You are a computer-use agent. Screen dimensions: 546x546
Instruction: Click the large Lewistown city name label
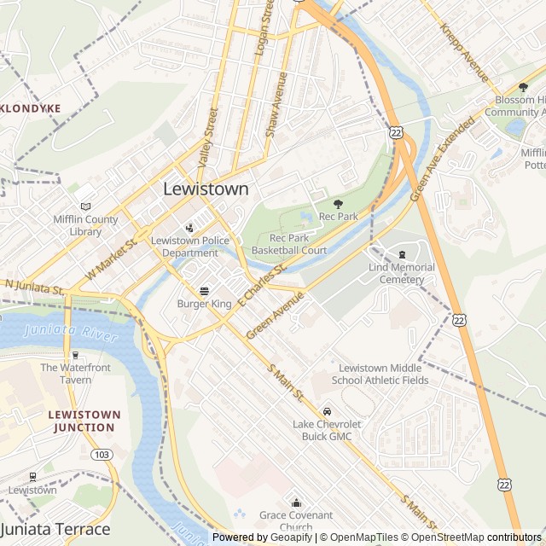coord(206,189)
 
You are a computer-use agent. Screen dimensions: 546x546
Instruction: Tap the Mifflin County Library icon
coord(84,206)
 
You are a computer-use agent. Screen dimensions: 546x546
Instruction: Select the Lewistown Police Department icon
coord(189,228)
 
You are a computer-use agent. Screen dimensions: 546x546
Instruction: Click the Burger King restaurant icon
coord(204,291)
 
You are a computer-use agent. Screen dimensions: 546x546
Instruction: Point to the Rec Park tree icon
coord(338,204)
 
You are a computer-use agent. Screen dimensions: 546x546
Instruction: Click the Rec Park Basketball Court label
coord(298,244)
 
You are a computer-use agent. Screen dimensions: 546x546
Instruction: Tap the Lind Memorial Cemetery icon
coord(402,254)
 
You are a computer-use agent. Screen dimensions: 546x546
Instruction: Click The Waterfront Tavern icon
coord(75,355)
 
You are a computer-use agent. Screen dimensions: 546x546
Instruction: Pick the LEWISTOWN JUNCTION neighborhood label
coord(84,421)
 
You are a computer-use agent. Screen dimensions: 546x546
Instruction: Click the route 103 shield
coord(102,455)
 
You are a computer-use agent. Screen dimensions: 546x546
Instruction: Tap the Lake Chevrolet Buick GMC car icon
coord(327,411)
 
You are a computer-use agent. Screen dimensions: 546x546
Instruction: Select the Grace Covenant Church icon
coord(296,502)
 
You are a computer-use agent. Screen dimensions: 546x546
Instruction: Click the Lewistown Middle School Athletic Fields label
coord(380,374)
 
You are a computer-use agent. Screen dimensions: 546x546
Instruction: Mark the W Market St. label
coord(111,257)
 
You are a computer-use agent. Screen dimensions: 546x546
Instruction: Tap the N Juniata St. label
coord(34,287)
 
